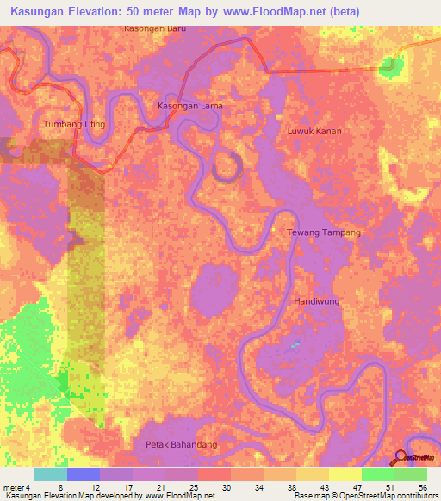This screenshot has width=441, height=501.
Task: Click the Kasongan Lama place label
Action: [x=189, y=106]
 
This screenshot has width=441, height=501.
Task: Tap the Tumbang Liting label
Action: [x=73, y=124]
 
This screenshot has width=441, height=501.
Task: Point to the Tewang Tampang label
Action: [x=323, y=232]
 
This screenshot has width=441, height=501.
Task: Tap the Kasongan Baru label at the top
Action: [x=155, y=28]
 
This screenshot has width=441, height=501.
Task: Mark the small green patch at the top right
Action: [x=392, y=65]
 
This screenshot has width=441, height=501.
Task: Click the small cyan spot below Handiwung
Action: [x=295, y=345]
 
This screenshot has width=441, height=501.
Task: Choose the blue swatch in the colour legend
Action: [x=83, y=474]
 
